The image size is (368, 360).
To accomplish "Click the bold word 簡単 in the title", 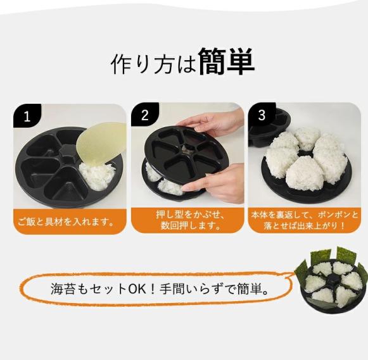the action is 227,61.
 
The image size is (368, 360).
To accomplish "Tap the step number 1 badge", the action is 27,116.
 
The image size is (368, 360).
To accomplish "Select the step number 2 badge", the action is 144,115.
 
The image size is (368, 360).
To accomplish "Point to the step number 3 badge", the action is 262,115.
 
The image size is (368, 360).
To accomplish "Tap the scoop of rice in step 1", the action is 98,176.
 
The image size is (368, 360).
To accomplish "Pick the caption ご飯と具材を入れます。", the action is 66,221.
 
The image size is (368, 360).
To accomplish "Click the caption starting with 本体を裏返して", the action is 305,220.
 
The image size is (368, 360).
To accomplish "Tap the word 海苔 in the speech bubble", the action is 63,289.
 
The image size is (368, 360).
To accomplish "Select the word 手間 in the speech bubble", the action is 172,289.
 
